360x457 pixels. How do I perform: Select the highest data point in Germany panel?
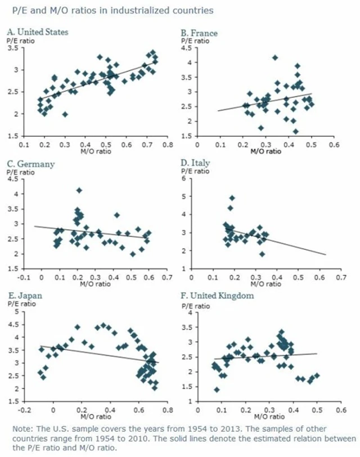click(79, 190)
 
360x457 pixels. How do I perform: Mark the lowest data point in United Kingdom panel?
click(217, 389)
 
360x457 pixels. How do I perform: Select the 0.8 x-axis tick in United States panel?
click(167, 145)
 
